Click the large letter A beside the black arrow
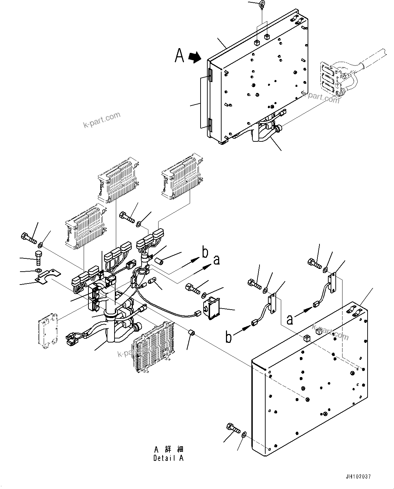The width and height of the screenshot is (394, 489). point(180,56)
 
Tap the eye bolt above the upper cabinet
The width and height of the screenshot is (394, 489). point(262,4)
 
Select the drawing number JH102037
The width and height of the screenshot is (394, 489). point(359,476)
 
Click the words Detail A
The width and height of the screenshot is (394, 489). point(168,458)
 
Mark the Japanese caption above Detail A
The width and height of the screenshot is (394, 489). point(169,449)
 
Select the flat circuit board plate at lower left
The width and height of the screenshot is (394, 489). point(47,328)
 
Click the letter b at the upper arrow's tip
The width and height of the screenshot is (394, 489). point(205,253)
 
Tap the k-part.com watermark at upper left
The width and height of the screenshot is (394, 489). point(102,120)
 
